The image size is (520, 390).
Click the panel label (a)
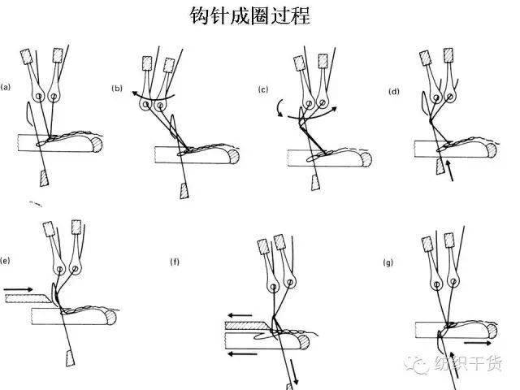pyautogui.click(x=6, y=86)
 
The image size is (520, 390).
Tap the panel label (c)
pyautogui.click(x=263, y=89)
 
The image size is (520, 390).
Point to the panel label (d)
pyautogui.click(x=395, y=91)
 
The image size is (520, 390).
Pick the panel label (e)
pyautogui.click(x=6, y=262)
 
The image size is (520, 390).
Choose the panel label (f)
pyautogui.click(x=175, y=262)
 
